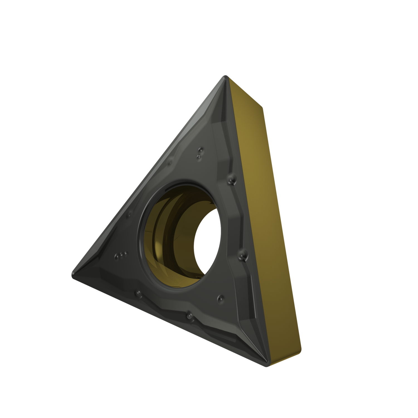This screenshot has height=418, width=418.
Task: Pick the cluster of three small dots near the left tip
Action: pos(120,255)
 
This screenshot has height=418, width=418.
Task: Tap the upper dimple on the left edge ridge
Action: pos(169,162)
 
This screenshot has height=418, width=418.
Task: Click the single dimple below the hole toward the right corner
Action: pos(220,298)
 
